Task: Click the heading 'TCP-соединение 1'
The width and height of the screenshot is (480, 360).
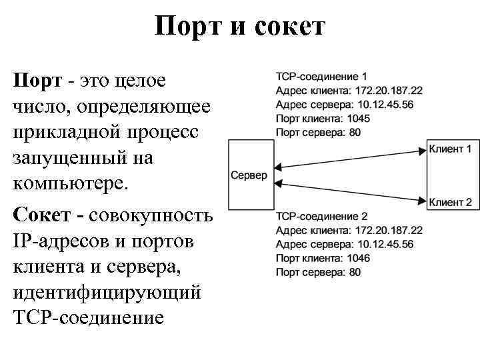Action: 321,77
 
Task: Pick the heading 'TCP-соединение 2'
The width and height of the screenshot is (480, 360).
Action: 321,217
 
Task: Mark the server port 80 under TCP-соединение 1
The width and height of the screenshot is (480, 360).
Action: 354,132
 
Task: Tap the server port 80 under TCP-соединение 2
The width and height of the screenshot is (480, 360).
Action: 354,272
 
